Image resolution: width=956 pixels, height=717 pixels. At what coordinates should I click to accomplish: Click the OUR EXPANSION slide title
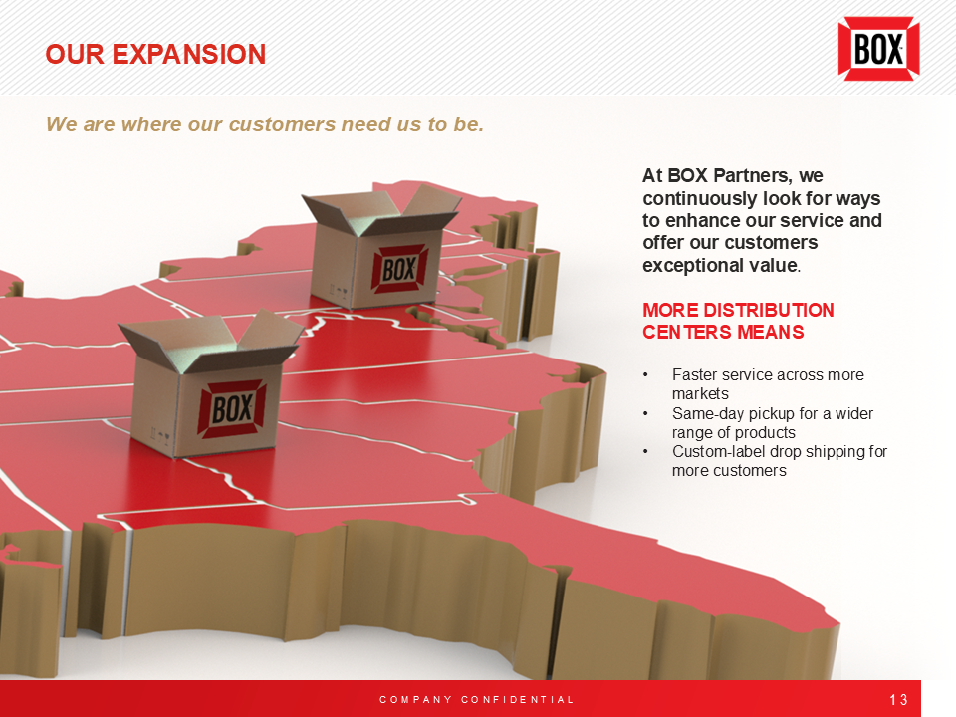tap(155, 54)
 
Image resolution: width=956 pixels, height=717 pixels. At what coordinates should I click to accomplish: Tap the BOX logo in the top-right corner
tap(878, 49)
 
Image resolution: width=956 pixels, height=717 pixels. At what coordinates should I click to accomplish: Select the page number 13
tap(898, 700)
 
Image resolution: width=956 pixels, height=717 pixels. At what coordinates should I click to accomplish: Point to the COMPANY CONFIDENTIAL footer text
tap(477, 700)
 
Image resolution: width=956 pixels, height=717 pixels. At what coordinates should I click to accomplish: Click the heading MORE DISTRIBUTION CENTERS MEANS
tap(738, 321)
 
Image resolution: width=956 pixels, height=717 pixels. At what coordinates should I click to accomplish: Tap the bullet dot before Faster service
tap(646, 375)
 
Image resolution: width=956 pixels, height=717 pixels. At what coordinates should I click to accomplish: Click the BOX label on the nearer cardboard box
tap(232, 408)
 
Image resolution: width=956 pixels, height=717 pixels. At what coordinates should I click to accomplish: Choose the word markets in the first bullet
tap(700, 394)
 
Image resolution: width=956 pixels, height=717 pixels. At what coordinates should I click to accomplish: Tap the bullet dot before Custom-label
tap(646, 451)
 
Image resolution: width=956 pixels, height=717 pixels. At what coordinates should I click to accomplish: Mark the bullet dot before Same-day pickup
tap(646, 413)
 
